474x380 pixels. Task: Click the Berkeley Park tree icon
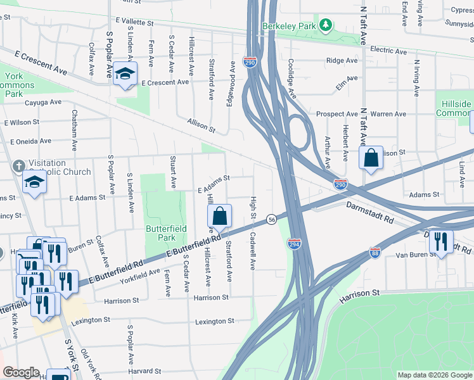coord(325,25)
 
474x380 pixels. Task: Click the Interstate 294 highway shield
coord(295,244)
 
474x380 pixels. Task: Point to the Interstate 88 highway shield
coord(375,253)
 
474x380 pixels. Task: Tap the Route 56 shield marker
coord(271,218)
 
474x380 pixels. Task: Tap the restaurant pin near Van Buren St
coord(441,241)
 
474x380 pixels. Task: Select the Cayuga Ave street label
coord(43,101)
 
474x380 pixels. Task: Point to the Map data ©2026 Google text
coord(434,375)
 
